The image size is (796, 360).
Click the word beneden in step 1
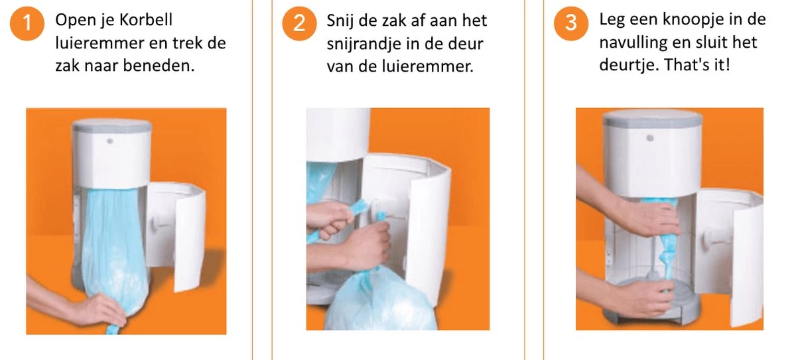[163, 66]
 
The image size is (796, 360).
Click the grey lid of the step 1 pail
[111, 124]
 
